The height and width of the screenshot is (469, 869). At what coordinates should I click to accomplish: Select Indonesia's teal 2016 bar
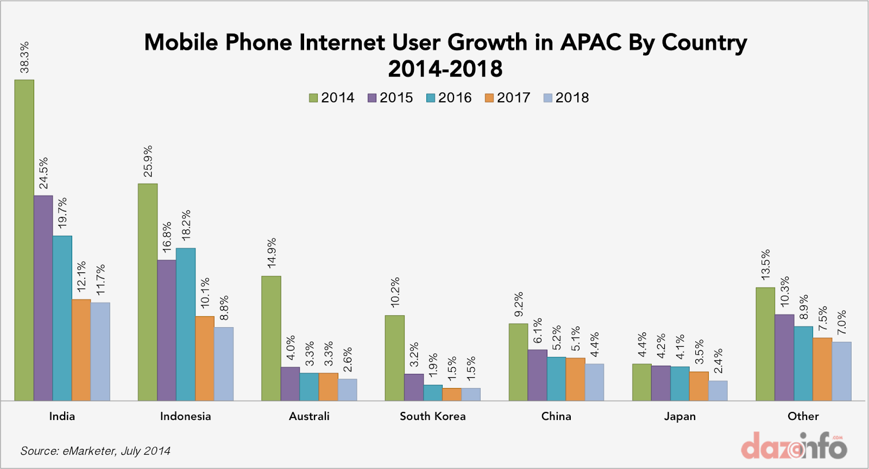point(186,324)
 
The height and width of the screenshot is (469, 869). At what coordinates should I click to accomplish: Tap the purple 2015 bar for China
point(537,375)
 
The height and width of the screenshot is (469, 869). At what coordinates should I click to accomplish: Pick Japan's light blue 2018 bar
point(718,391)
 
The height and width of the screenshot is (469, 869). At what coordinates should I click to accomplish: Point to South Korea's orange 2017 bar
point(452,395)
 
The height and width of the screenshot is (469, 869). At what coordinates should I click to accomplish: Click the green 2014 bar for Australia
point(271,338)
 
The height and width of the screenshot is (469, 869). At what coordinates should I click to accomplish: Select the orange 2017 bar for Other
point(822,369)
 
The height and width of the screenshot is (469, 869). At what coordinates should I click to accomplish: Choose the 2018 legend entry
point(566,98)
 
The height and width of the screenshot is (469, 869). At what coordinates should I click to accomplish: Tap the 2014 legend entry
point(331,98)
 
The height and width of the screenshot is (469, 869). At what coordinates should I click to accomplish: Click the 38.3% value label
point(24,57)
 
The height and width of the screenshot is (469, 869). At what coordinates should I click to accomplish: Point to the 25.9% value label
point(148,161)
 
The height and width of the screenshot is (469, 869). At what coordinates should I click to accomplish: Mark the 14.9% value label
point(272,253)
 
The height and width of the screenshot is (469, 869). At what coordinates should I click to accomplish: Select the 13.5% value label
point(765,265)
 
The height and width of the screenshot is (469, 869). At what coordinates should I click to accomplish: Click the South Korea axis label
point(432,416)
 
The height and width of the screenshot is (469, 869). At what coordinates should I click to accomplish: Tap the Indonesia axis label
point(185,416)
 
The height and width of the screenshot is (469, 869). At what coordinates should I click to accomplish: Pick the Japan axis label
point(679,416)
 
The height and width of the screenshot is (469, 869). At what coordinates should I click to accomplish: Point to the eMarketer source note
point(96,451)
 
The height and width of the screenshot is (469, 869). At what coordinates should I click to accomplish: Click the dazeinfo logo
point(794,447)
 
